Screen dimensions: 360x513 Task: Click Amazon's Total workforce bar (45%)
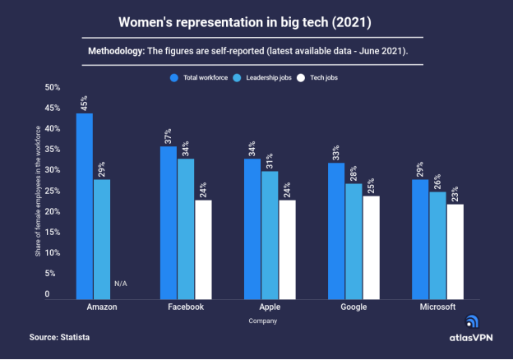[x=84, y=205]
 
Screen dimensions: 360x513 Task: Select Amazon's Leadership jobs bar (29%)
[x=101, y=238]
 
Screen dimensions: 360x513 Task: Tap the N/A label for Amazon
[x=120, y=284]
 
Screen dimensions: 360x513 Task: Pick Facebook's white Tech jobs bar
[x=202, y=249]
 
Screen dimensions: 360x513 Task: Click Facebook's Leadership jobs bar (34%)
[x=186, y=228]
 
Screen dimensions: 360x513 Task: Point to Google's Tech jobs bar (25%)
[x=371, y=247]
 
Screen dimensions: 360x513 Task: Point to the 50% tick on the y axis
[x=53, y=87]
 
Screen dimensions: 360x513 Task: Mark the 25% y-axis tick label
[x=53, y=191]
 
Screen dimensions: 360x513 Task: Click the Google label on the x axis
[x=354, y=307]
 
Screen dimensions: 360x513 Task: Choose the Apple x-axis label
[x=270, y=307]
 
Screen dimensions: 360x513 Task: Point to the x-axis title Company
[x=262, y=321]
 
